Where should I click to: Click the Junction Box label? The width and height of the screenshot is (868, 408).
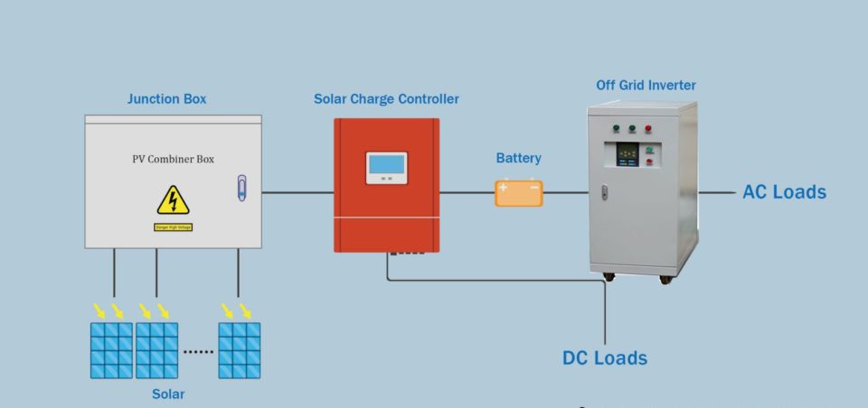tap(166, 98)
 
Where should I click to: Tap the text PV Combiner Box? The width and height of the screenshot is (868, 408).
tap(173, 159)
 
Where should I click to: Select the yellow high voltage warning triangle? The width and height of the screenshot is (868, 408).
tap(173, 200)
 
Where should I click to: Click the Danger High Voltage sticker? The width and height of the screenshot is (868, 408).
tap(173, 227)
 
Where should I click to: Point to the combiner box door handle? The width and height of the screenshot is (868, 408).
tap(241, 188)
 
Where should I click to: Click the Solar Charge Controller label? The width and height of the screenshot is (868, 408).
tap(386, 98)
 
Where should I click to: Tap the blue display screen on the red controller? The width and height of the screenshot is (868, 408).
tap(386, 165)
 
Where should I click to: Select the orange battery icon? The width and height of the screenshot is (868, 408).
tap(519, 192)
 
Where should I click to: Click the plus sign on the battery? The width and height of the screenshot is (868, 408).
tap(504, 189)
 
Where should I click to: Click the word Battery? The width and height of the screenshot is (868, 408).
tap(518, 158)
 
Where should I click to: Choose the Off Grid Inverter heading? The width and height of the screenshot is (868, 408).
tap(646, 85)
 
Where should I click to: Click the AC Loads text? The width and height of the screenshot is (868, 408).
tap(784, 192)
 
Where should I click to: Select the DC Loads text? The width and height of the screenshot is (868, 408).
tap(605, 358)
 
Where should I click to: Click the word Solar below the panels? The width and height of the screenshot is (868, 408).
tap(168, 394)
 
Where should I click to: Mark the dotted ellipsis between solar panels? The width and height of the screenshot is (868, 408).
tap(198, 351)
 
